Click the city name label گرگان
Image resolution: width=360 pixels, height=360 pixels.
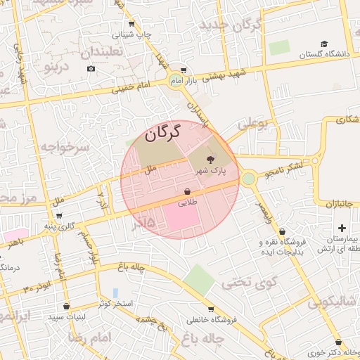point(162,131)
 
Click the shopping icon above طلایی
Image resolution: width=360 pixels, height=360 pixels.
point(187,191)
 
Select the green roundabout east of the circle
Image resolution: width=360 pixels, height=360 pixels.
point(248,179)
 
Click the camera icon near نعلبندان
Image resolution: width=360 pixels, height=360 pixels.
point(91,68)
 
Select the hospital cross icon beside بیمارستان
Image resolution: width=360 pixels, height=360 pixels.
point(342,228)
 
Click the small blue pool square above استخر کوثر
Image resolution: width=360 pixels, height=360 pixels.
point(115,292)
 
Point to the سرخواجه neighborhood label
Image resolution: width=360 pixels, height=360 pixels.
point(64,146)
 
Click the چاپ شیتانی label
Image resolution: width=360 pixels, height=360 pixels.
point(132,34)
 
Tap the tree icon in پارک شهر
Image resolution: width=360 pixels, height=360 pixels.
point(212,160)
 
